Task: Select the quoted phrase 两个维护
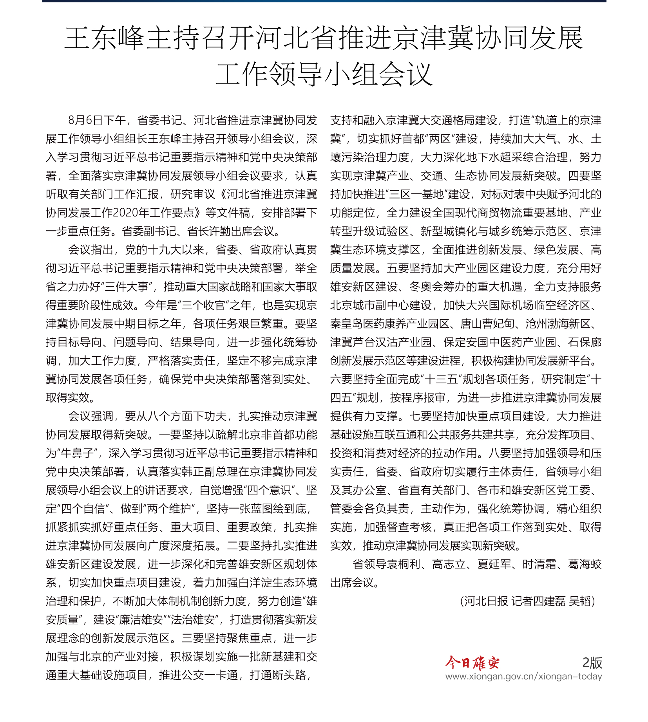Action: (170, 509)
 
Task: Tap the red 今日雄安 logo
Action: (472, 662)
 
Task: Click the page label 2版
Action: (592, 662)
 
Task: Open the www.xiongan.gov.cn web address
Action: (523, 676)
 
